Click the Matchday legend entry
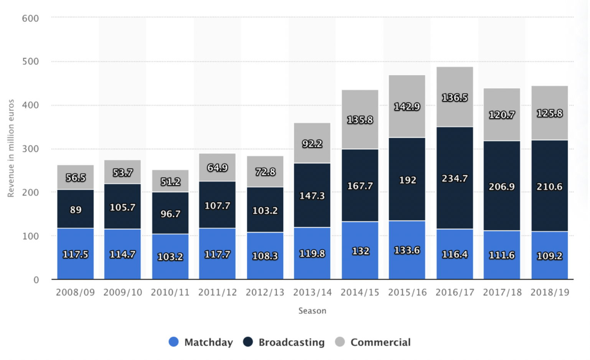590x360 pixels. click(x=201, y=342)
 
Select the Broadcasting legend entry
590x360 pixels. click(x=283, y=342)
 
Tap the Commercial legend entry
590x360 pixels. click(x=373, y=342)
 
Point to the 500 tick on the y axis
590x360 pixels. click(x=30, y=61)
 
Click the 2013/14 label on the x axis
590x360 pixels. click(x=312, y=292)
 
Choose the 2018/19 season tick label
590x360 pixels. click(x=550, y=292)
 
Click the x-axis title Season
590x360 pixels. click(x=312, y=311)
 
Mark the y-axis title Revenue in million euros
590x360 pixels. click(x=11, y=148)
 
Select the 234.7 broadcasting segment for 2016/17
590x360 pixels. click(x=455, y=178)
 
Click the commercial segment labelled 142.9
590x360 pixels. click(x=407, y=106)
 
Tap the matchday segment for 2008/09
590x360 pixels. click(x=75, y=254)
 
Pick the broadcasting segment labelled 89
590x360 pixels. click(x=75, y=209)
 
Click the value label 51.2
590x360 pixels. click(x=170, y=182)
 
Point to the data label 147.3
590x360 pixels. click(x=312, y=196)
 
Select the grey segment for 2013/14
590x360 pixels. click(x=312, y=143)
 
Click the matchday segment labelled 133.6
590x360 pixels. click(x=407, y=250)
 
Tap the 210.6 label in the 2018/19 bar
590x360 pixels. click(x=550, y=187)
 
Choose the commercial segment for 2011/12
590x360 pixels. click(x=217, y=167)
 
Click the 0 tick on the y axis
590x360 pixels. click(x=36, y=280)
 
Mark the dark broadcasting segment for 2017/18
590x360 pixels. click(x=502, y=186)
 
